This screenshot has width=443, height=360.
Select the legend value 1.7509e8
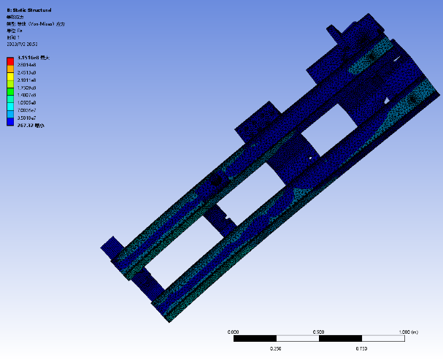click(x=28, y=87)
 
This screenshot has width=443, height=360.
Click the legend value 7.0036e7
click(x=28, y=110)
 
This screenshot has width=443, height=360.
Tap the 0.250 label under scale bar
click(x=276, y=348)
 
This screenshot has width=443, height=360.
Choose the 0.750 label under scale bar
click(x=361, y=348)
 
